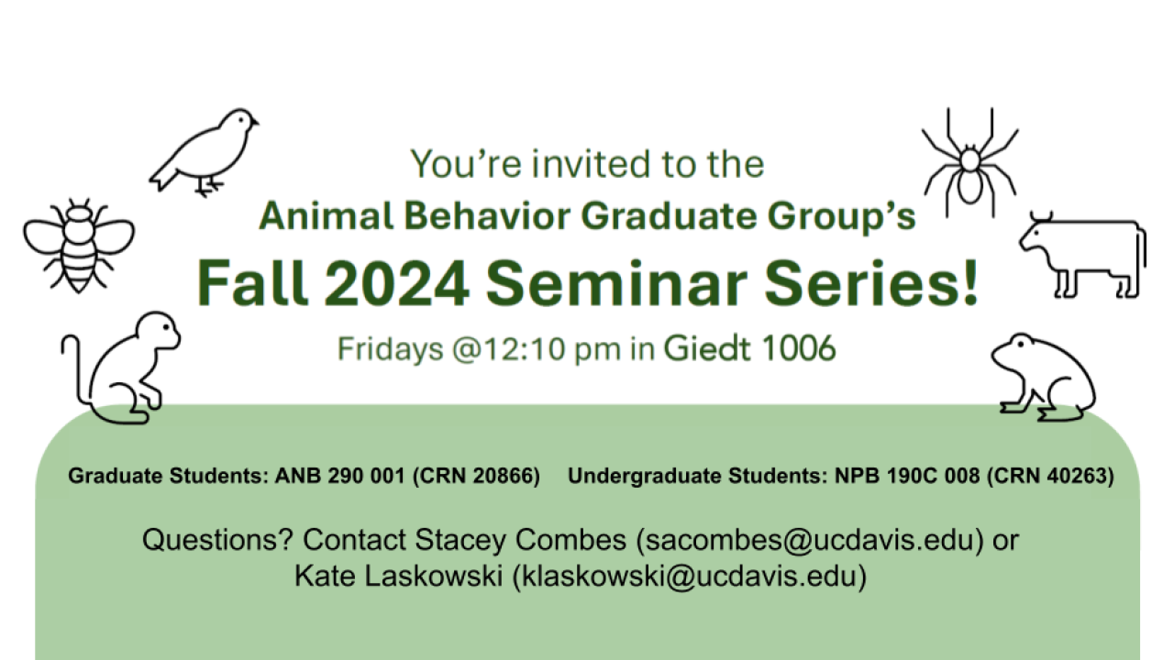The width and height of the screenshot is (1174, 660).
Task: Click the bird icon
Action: tap(206, 151)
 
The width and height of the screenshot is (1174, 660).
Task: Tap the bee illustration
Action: tap(79, 243)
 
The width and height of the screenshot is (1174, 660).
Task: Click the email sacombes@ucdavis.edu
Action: tap(810, 540)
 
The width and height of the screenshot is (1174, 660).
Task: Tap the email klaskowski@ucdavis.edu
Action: tap(689, 577)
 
